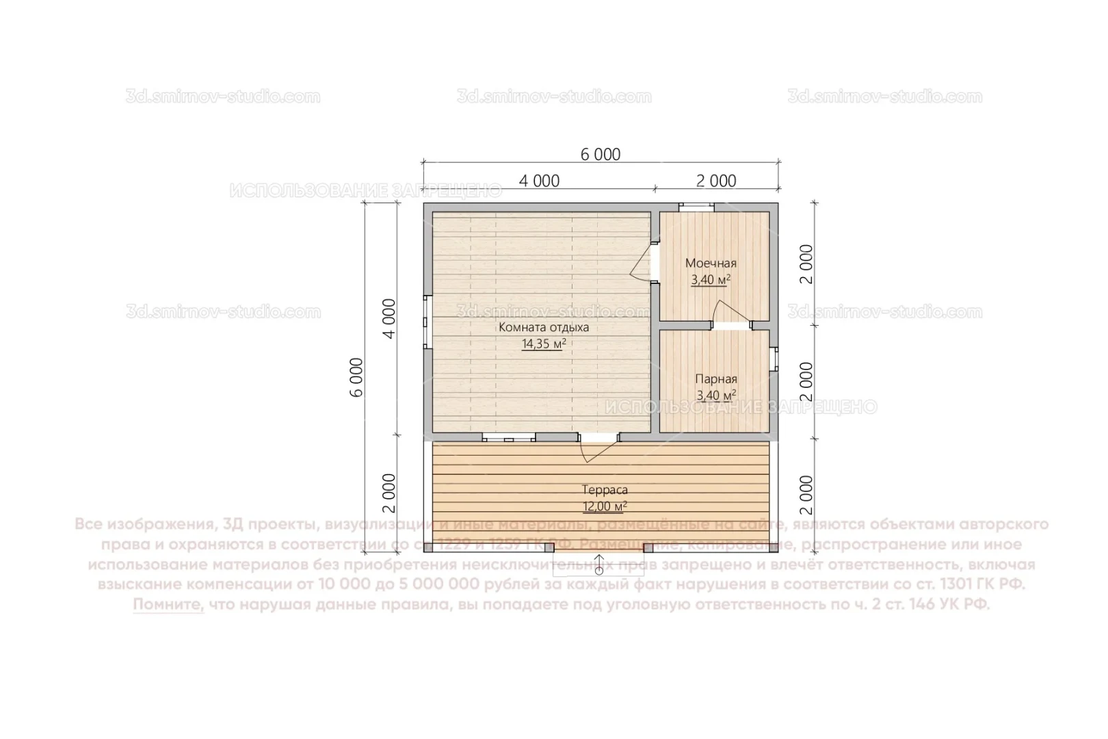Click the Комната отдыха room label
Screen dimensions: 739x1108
(543, 327)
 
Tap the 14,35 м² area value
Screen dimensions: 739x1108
(543, 344)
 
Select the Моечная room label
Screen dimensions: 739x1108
(711, 263)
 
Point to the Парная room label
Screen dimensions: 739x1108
(715, 379)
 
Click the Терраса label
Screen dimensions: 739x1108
(605, 490)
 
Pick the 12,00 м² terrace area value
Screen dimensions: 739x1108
(605, 507)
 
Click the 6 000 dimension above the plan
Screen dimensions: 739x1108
(601, 155)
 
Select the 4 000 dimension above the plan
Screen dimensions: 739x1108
(539, 181)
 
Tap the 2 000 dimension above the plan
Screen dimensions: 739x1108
(716, 181)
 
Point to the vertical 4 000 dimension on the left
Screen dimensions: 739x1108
(388, 318)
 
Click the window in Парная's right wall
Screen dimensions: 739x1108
(774, 359)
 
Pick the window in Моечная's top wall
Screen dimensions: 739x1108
(696, 205)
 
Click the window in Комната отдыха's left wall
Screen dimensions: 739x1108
(427, 322)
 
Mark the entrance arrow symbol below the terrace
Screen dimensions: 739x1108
(599, 564)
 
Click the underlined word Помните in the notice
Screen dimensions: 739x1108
(168, 605)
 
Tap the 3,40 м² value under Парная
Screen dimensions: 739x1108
(715, 396)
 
